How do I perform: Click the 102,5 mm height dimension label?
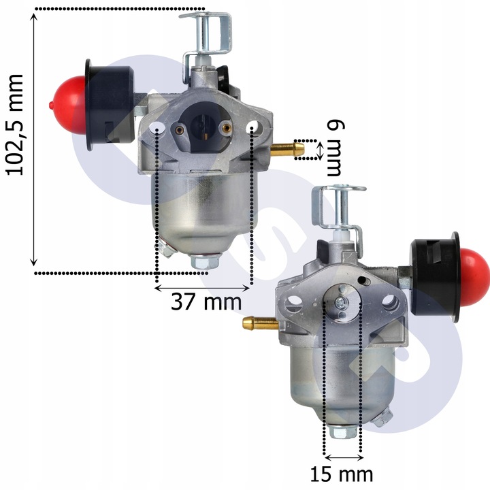tap(15, 125)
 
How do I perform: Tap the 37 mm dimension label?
tap(206, 302)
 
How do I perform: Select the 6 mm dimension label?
tap(336, 148)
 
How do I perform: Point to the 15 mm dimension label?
tap(342, 474)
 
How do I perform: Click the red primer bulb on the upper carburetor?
tap(68, 105)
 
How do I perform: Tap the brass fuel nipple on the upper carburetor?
tap(287, 149)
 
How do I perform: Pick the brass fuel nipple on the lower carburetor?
tap(260, 323)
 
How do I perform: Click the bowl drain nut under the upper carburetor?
tap(205, 261)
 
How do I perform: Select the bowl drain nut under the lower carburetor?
tap(343, 431)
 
